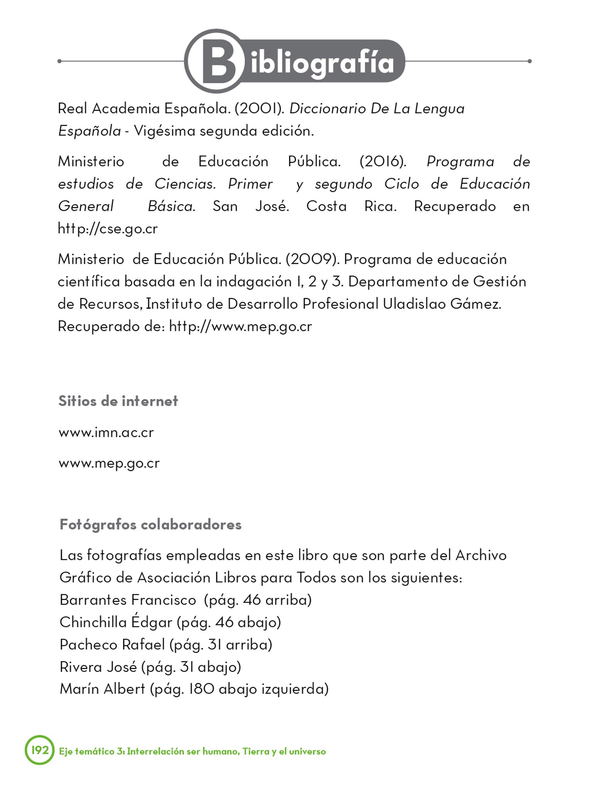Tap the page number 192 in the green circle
[40, 750]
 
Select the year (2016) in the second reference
[382, 161]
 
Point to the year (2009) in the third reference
[312, 259]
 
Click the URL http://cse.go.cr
[108, 229]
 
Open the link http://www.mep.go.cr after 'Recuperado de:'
[240, 327]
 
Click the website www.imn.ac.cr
[106, 432]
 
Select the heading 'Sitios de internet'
[118, 401]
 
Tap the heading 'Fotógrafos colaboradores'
[151, 525]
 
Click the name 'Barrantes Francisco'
[128, 600]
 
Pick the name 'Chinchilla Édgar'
[116, 622]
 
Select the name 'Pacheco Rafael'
[112, 645]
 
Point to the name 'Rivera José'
[98, 667]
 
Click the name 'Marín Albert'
[102, 689]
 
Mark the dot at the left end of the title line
[59, 61]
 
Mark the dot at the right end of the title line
[529, 61]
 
